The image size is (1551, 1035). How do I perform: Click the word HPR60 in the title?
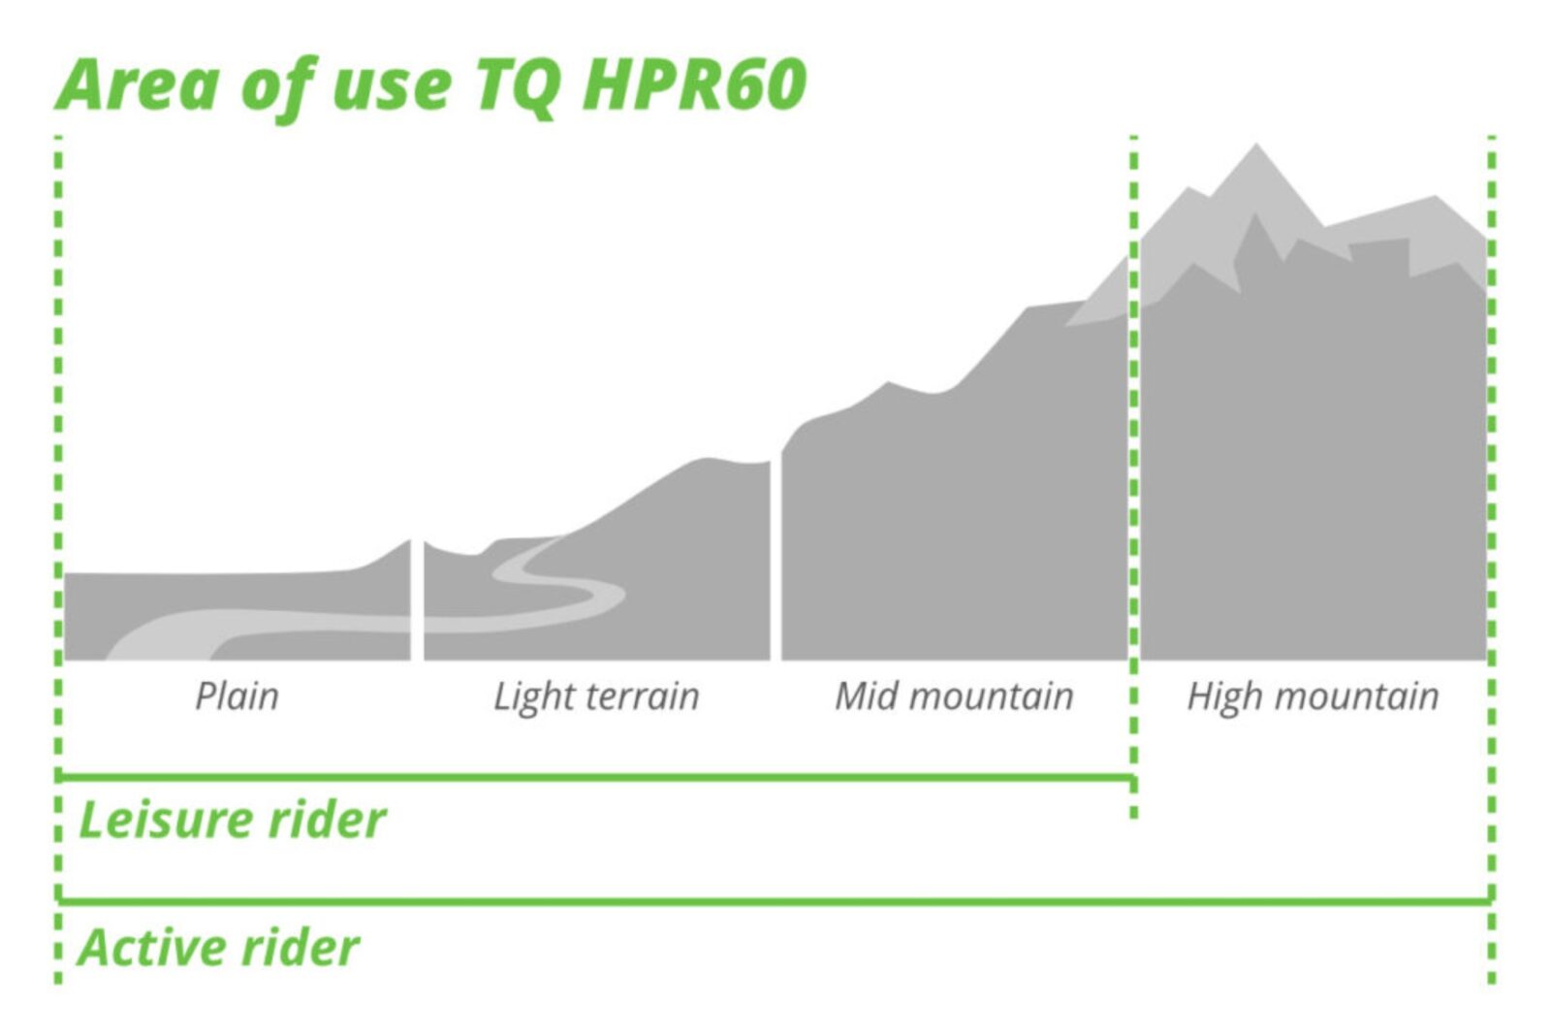(694, 84)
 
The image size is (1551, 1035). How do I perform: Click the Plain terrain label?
(237, 696)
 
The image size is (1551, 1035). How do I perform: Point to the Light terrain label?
(596, 696)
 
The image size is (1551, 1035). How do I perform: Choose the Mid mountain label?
(954, 695)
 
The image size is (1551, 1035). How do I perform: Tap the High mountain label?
(1313, 696)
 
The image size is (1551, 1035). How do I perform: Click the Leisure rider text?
(233, 821)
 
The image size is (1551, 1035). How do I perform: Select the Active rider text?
(219, 947)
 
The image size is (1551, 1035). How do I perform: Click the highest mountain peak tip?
(1256, 145)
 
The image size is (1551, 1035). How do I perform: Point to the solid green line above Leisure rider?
(597, 777)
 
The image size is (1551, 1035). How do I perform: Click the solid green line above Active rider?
(775, 901)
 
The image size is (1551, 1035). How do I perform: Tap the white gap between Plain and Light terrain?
(418, 599)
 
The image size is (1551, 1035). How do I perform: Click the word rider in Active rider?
(297, 947)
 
